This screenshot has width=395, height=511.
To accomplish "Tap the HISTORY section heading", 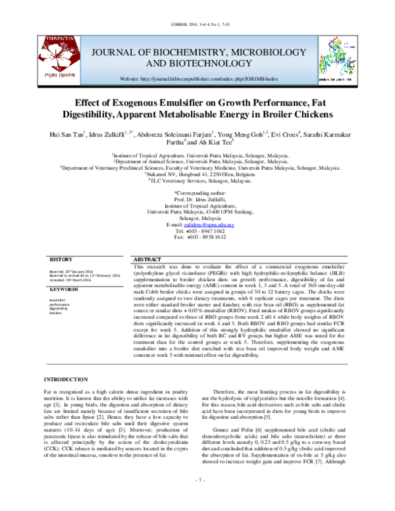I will [62, 260].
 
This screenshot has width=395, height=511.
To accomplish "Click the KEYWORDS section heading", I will [65, 290].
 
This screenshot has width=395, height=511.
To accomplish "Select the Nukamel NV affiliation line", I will [197, 174].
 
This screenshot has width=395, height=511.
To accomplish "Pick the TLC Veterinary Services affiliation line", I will [197, 180].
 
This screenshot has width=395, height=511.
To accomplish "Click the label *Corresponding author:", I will [197, 192].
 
